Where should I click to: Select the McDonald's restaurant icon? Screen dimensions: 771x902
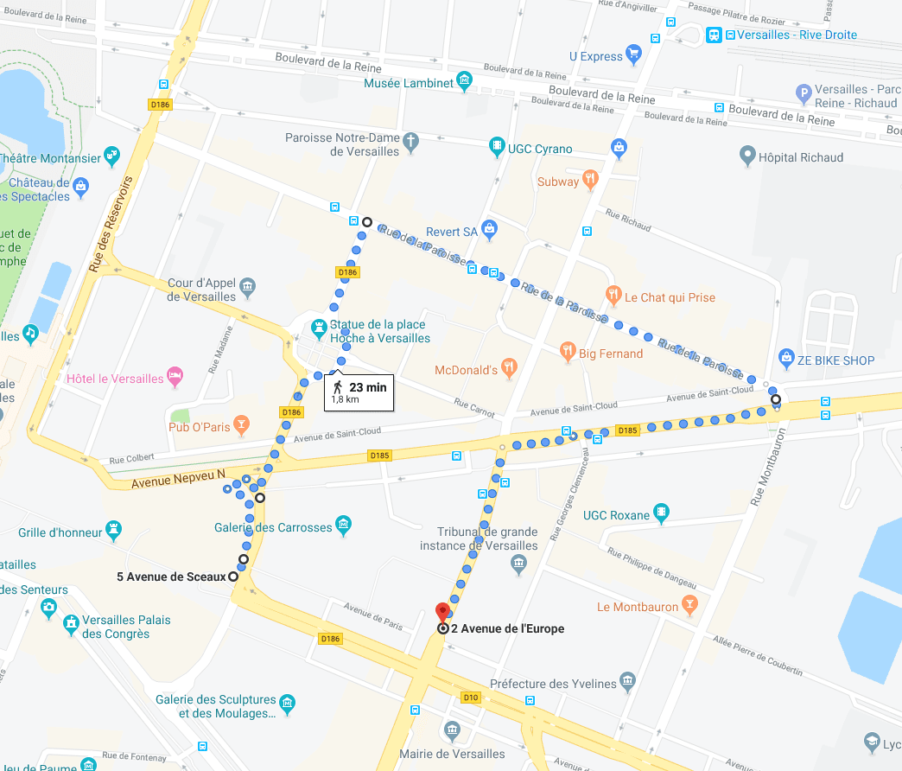(x=509, y=367)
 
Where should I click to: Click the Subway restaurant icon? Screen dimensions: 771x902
(x=591, y=180)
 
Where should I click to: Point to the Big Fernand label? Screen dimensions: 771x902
(x=610, y=354)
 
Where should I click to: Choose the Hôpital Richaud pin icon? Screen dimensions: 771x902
(x=748, y=156)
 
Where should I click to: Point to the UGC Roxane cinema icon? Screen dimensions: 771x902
(x=661, y=513)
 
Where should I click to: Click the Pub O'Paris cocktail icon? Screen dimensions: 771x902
(x=242, y=424)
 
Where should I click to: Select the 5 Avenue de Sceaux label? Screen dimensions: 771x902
(x=171, y=577)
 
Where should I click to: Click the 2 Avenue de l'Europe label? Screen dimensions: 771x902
(x=507, y=628)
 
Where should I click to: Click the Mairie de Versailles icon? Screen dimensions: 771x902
(x=451, y=731)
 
